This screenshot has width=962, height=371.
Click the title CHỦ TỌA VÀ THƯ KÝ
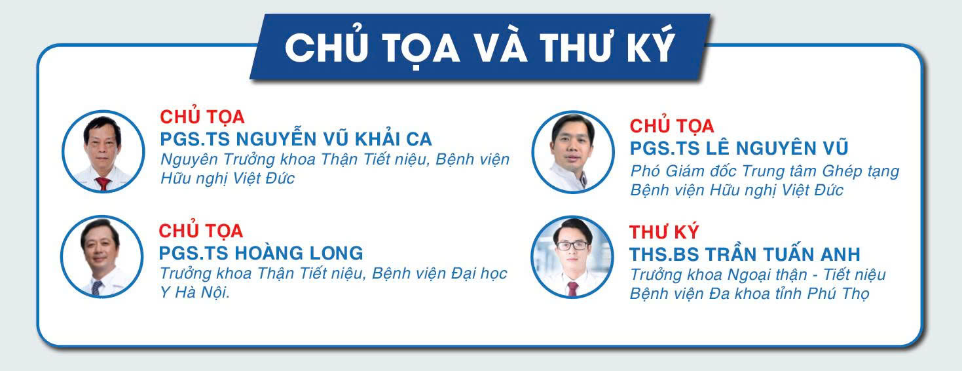479,47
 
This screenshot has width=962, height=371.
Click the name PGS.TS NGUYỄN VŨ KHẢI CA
296,140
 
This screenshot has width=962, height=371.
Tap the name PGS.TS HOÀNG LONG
261,253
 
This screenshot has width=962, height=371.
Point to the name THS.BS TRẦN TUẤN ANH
745,254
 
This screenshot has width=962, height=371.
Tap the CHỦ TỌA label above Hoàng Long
201,231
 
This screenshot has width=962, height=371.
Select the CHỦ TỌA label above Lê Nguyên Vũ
672,125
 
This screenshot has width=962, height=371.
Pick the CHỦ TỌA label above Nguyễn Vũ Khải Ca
202,117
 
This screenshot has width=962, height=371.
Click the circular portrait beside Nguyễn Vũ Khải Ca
103,151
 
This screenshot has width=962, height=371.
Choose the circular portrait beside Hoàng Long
102,256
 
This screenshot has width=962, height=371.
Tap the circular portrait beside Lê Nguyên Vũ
572,151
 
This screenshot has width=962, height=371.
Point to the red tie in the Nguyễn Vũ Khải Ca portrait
103,183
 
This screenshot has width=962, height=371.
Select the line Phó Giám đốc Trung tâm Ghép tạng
764,171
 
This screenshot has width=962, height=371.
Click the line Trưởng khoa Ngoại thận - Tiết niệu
758,275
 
